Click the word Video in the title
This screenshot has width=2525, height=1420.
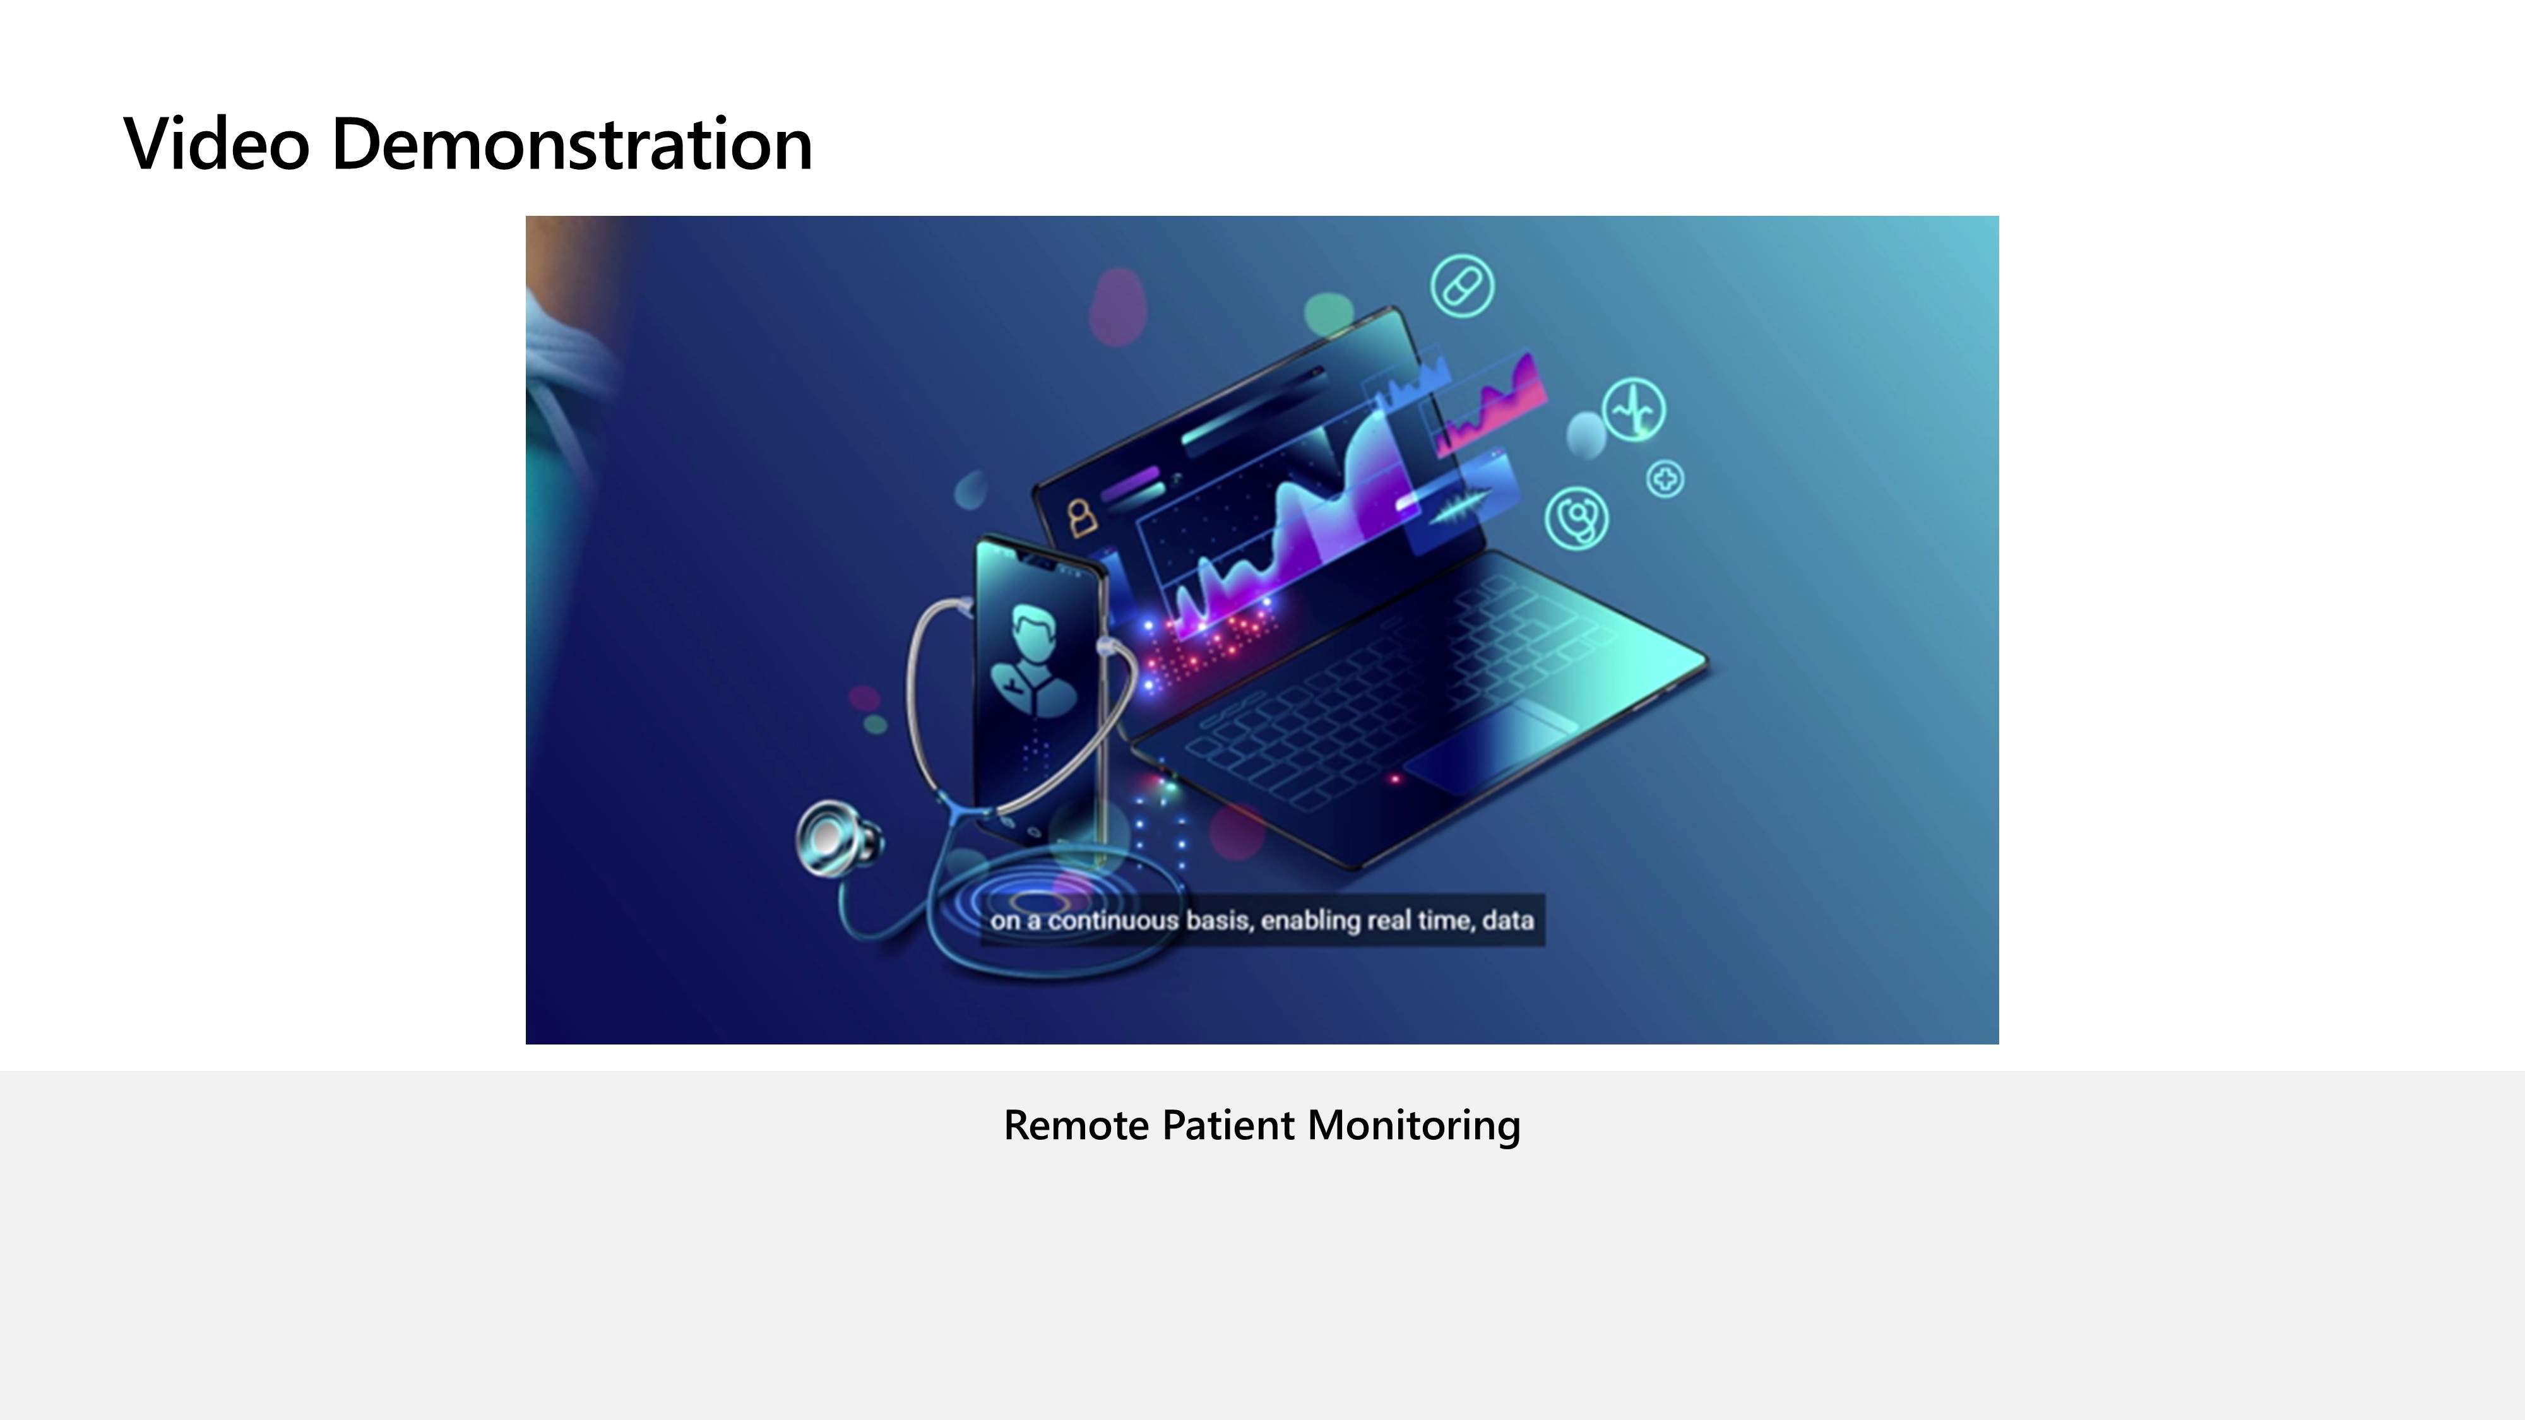(x=217, y=144)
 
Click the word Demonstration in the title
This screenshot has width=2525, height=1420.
(x=573, y=144)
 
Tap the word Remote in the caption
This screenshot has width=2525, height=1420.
(x=1076, y=1125)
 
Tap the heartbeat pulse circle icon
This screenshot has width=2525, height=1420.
(x=1634, y=410)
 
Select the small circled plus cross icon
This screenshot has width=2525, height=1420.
(x=1665, y=479)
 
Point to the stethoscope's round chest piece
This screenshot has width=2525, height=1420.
(x=834, y=839)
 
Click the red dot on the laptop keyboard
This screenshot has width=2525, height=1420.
(x=1396, y=779)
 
